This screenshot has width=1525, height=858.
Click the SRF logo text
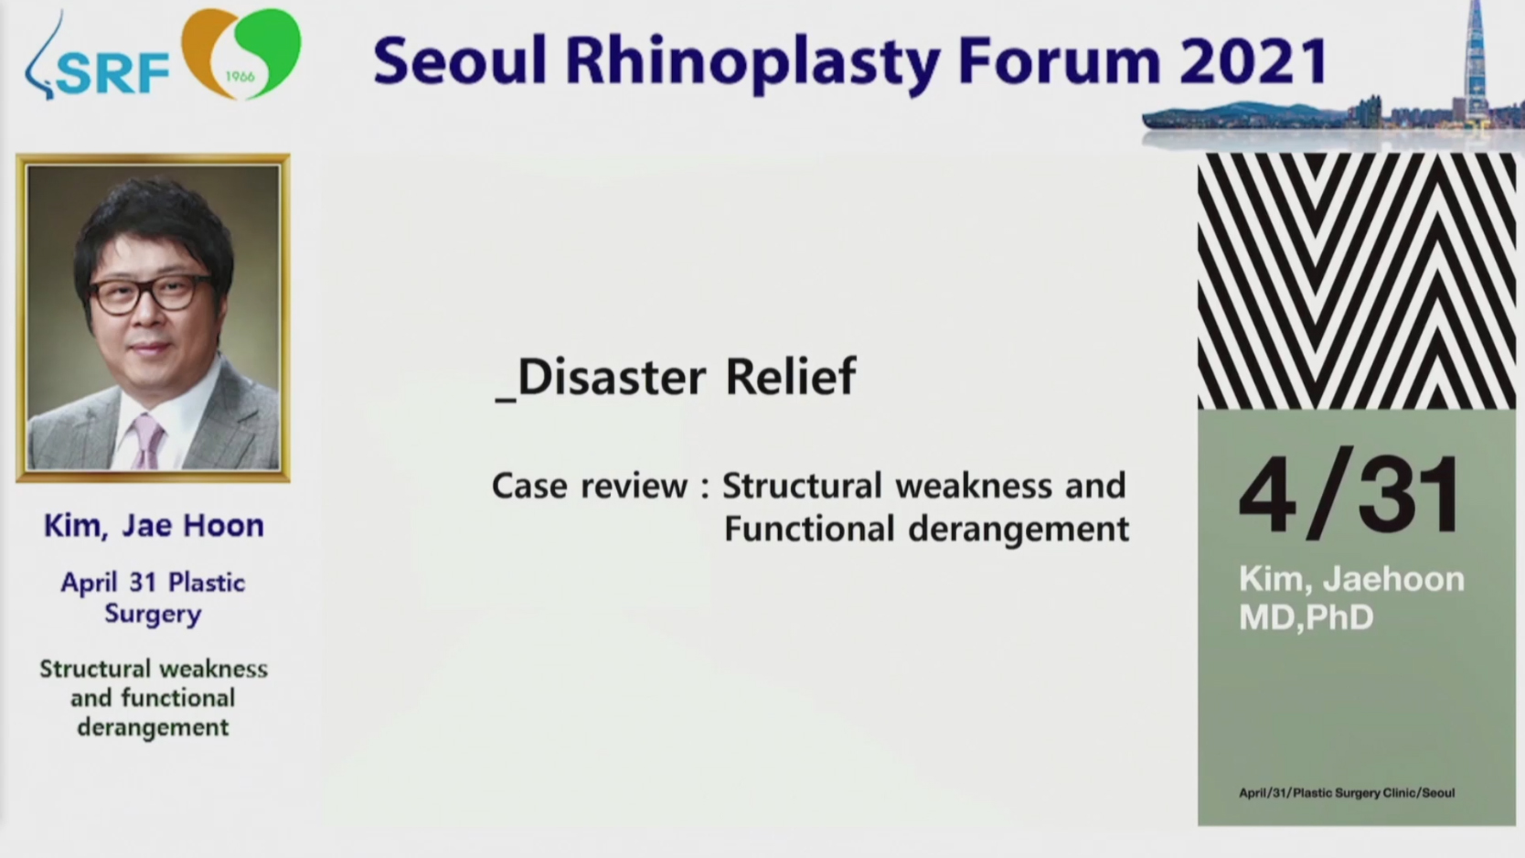click(112, 74)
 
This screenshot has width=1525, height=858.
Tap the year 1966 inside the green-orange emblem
click(240, 76)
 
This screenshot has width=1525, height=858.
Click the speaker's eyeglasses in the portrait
click(151, 295)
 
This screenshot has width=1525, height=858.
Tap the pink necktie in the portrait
click(147, 441)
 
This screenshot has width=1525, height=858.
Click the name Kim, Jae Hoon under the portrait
click(154, 526)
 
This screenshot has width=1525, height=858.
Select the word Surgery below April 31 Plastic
click(154, 615)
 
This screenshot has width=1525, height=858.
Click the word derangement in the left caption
click(154, 728)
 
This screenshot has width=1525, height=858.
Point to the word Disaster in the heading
click(611, 377)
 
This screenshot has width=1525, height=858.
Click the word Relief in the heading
click(791, 375)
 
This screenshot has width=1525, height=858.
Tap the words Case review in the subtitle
click(590, 487)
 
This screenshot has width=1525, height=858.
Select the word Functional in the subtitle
click(809, 529)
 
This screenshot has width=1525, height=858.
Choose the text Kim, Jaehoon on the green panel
click(1351, 580)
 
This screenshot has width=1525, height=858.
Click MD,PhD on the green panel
click(1306, 617)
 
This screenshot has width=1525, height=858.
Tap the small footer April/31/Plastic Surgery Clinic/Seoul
click(1347, 793)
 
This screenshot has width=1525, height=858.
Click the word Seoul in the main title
click(460, 61)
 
